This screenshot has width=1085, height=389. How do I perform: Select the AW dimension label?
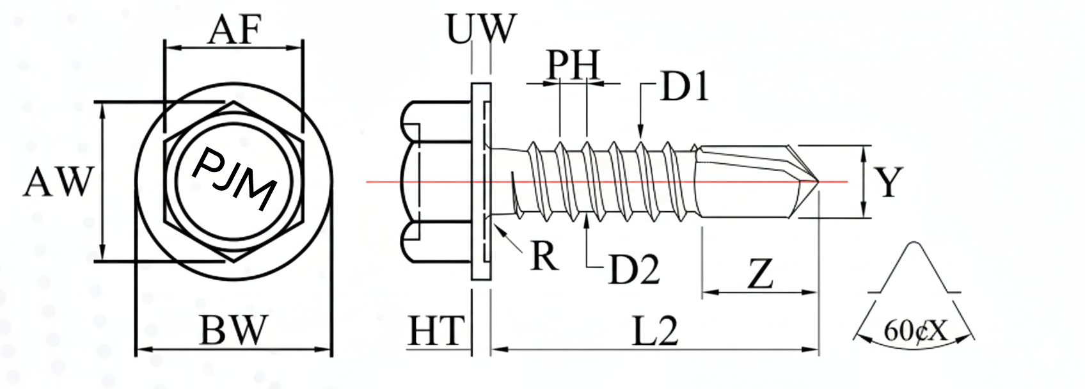click(58, 182)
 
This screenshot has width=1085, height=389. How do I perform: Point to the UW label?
click(481, 29)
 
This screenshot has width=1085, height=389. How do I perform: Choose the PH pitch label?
click(573, 65)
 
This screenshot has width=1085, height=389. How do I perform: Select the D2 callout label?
click(633, 269)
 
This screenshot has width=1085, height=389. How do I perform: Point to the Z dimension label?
click(760, 274)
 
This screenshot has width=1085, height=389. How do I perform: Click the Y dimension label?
click(889, 182)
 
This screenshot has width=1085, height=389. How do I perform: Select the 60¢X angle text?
click(915, 331)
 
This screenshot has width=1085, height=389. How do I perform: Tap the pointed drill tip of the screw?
click(818, 182)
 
